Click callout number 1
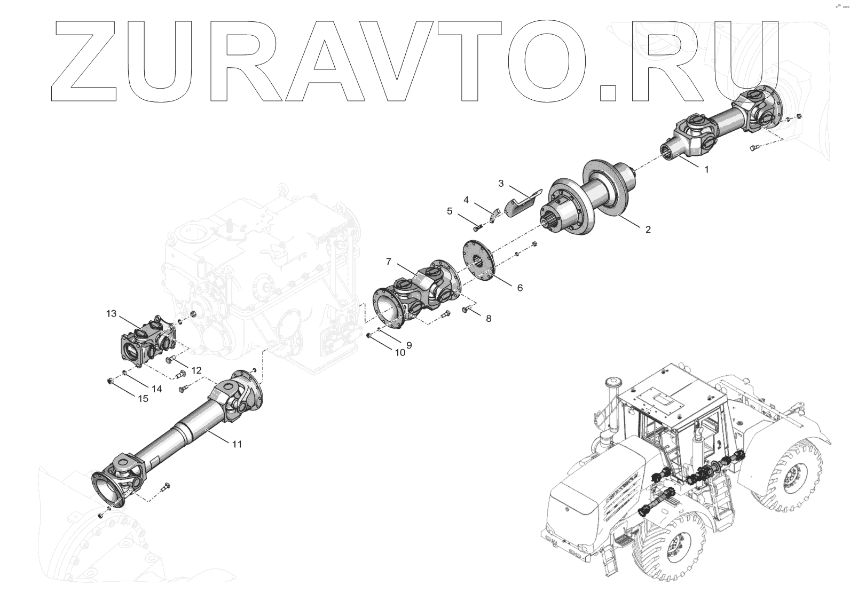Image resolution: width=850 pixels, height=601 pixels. (x=706, y=170)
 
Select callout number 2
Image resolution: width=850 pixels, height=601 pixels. (x=648, y=230)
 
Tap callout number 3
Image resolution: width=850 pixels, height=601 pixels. (x=501, y=184)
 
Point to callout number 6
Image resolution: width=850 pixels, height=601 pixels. (x=520, y=288)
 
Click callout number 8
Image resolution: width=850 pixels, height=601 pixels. (x=488, y=319)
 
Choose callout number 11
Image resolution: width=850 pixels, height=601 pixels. (x=237, y=444)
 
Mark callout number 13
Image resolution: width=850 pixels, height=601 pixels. (x=111, y=313)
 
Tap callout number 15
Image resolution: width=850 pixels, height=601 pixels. (x=143, y=399)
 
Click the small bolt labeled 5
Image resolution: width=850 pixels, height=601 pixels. (x=477, y=228)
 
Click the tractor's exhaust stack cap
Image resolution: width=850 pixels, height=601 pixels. (x=610, y=383)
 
